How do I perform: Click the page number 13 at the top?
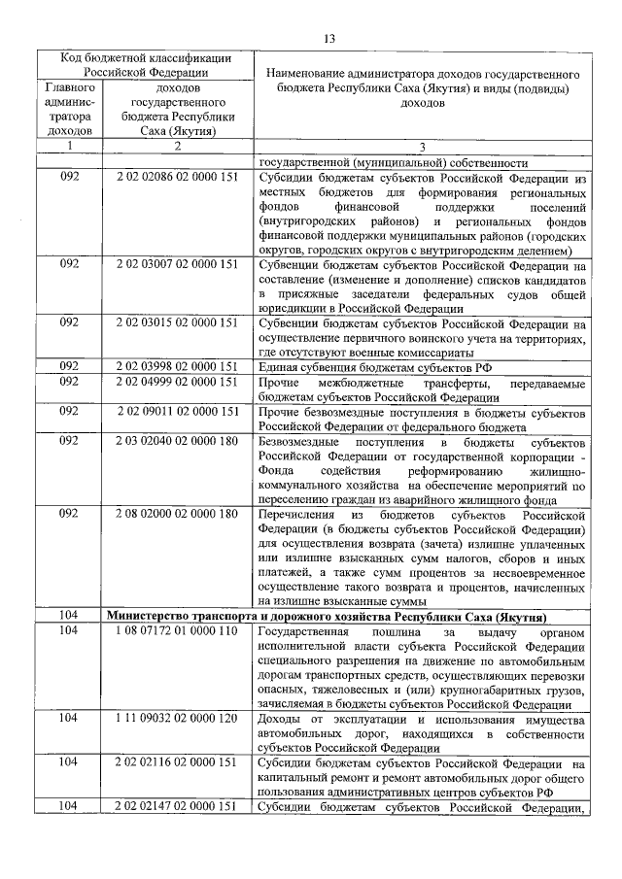pyautogui.click(x=328, y=38)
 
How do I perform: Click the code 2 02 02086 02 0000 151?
pyautogui.click(x=177, y=178)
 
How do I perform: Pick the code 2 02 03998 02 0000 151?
pyautogui.click(x=177, y=366)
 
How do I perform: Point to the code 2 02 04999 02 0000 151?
pyautogui.click(x=177, y=383)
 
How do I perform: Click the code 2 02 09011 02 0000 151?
pyautogui.click(x=177, y=411)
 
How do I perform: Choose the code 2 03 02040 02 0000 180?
pyautogui.click(x=177, y=440)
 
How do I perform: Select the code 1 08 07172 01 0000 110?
pyautogui.click(x=177, y=631)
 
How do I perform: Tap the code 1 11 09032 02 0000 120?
pyautogui.click(x=177, y=719)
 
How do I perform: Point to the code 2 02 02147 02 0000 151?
pyautogui.click(x=177, y=806)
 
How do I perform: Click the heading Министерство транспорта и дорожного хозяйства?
pyautogui.click(x=325, y=617)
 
